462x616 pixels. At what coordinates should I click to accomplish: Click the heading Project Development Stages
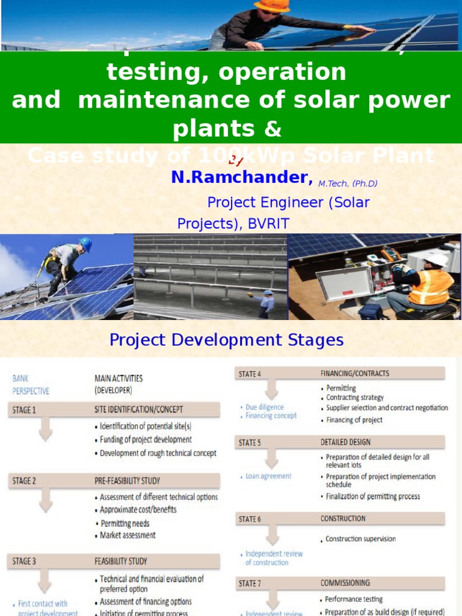[x=226, y=340]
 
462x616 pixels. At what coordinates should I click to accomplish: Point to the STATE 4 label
[x=250, y=374]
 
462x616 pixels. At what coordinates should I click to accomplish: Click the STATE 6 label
[x=250, y=519]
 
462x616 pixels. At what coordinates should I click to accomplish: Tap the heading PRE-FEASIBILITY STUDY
[x=127, y=481]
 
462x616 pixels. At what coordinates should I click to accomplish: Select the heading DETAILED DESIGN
[x=345, y=442]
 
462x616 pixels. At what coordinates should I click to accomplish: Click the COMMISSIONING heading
[x=345, y=583]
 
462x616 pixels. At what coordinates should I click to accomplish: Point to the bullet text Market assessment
[x=128, y=535]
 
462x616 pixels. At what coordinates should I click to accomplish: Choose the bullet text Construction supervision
[x=360, y=539]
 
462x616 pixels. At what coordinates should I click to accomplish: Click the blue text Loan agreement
[x=268, y=476]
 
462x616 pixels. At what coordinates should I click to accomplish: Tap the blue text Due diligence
[x=265, y=407]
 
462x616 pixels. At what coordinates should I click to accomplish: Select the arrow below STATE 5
[x=273, y=460]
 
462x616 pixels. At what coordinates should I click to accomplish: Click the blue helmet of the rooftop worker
[x=86, y=244]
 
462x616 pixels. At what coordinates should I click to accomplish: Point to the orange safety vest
[x=431, y=286]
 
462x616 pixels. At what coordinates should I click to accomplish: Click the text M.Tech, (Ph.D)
[x=348, y=184]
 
